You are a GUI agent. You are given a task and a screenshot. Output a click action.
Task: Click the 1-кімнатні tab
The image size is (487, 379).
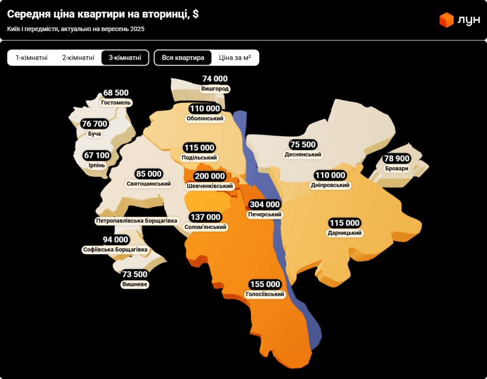(32, 58)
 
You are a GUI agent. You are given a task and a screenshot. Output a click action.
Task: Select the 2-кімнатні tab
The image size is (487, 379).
(78, 58)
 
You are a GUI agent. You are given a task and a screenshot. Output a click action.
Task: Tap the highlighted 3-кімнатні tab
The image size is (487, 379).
(125, 58)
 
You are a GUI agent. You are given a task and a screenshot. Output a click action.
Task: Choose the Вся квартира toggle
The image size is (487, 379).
(183, 58)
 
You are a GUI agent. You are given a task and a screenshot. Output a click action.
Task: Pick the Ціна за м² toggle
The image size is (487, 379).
(235, 58)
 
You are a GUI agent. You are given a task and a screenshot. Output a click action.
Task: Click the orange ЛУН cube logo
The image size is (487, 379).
(446, 20)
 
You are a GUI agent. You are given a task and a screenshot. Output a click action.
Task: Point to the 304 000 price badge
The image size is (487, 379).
(265, 204)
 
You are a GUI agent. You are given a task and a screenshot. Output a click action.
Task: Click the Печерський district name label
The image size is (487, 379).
(265, 215)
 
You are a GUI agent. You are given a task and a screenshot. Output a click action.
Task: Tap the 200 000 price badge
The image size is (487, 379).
(209, 176)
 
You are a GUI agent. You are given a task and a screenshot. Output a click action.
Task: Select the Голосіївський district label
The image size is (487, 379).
(265, 294)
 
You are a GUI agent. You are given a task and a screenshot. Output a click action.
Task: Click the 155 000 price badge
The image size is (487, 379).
(265, 284)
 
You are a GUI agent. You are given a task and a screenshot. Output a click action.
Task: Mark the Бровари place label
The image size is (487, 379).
(397, 168)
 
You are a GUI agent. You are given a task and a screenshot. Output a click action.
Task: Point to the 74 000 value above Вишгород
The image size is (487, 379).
(215, 79)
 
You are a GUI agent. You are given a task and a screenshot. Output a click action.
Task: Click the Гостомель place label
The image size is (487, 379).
(116, 103)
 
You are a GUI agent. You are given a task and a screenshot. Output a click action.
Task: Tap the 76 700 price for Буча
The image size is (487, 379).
(94, 124)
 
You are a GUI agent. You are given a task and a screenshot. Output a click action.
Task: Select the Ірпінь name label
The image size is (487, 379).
(97, 165)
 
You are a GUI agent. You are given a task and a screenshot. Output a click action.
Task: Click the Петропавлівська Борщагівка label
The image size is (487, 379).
(137, 221)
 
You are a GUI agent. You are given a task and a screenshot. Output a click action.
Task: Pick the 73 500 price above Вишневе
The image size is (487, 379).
(135, 274)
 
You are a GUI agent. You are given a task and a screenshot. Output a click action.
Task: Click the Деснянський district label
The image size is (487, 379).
(303, 154)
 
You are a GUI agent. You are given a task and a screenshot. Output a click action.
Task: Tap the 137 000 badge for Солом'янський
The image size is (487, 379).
(205, 217)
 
